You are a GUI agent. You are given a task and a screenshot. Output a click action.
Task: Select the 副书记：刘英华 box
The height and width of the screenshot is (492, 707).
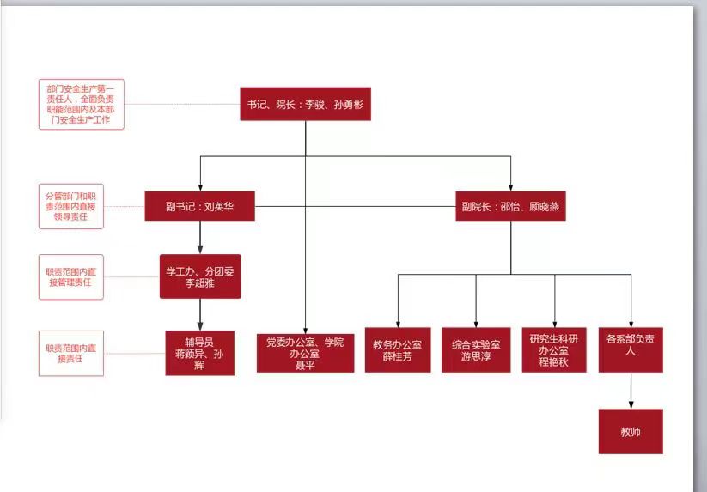(199, 206)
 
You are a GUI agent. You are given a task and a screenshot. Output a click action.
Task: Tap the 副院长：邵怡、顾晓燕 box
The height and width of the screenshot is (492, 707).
(510, 207)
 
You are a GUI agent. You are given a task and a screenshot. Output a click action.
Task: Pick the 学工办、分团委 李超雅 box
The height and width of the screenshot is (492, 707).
(200, 276)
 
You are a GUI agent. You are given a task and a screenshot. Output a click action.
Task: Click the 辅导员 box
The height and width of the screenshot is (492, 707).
(200, 353)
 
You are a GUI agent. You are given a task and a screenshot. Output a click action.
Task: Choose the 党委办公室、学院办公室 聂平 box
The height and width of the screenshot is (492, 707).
(305, 353)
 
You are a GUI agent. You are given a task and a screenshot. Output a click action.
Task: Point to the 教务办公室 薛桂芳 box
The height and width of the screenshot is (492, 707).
(398, 349)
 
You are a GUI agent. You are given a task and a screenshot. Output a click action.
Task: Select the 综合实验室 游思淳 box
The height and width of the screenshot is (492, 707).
(476, 349)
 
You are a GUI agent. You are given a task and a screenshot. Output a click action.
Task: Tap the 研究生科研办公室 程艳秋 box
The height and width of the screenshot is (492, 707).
(554, 349)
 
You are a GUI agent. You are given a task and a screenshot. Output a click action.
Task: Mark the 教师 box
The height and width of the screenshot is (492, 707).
(631, 431)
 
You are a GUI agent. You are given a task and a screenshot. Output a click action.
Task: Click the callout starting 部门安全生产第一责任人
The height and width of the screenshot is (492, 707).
(82, 104)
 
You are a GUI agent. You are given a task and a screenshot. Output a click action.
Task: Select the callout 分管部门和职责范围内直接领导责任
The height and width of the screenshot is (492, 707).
(71, 206)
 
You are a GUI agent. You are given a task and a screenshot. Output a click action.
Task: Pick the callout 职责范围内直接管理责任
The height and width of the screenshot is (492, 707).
(71, 276)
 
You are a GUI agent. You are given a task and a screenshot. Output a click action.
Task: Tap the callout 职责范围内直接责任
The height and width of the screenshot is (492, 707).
(71, 353)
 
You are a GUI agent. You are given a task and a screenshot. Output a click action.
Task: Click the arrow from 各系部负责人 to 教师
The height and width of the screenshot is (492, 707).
(631, 391)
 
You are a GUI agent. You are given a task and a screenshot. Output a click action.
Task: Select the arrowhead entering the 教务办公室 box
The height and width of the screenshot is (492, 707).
(398, 323)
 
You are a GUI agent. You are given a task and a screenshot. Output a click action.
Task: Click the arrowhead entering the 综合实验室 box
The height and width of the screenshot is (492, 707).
(476, 323)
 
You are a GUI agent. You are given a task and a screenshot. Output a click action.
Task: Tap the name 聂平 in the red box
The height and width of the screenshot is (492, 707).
(305, 364)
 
